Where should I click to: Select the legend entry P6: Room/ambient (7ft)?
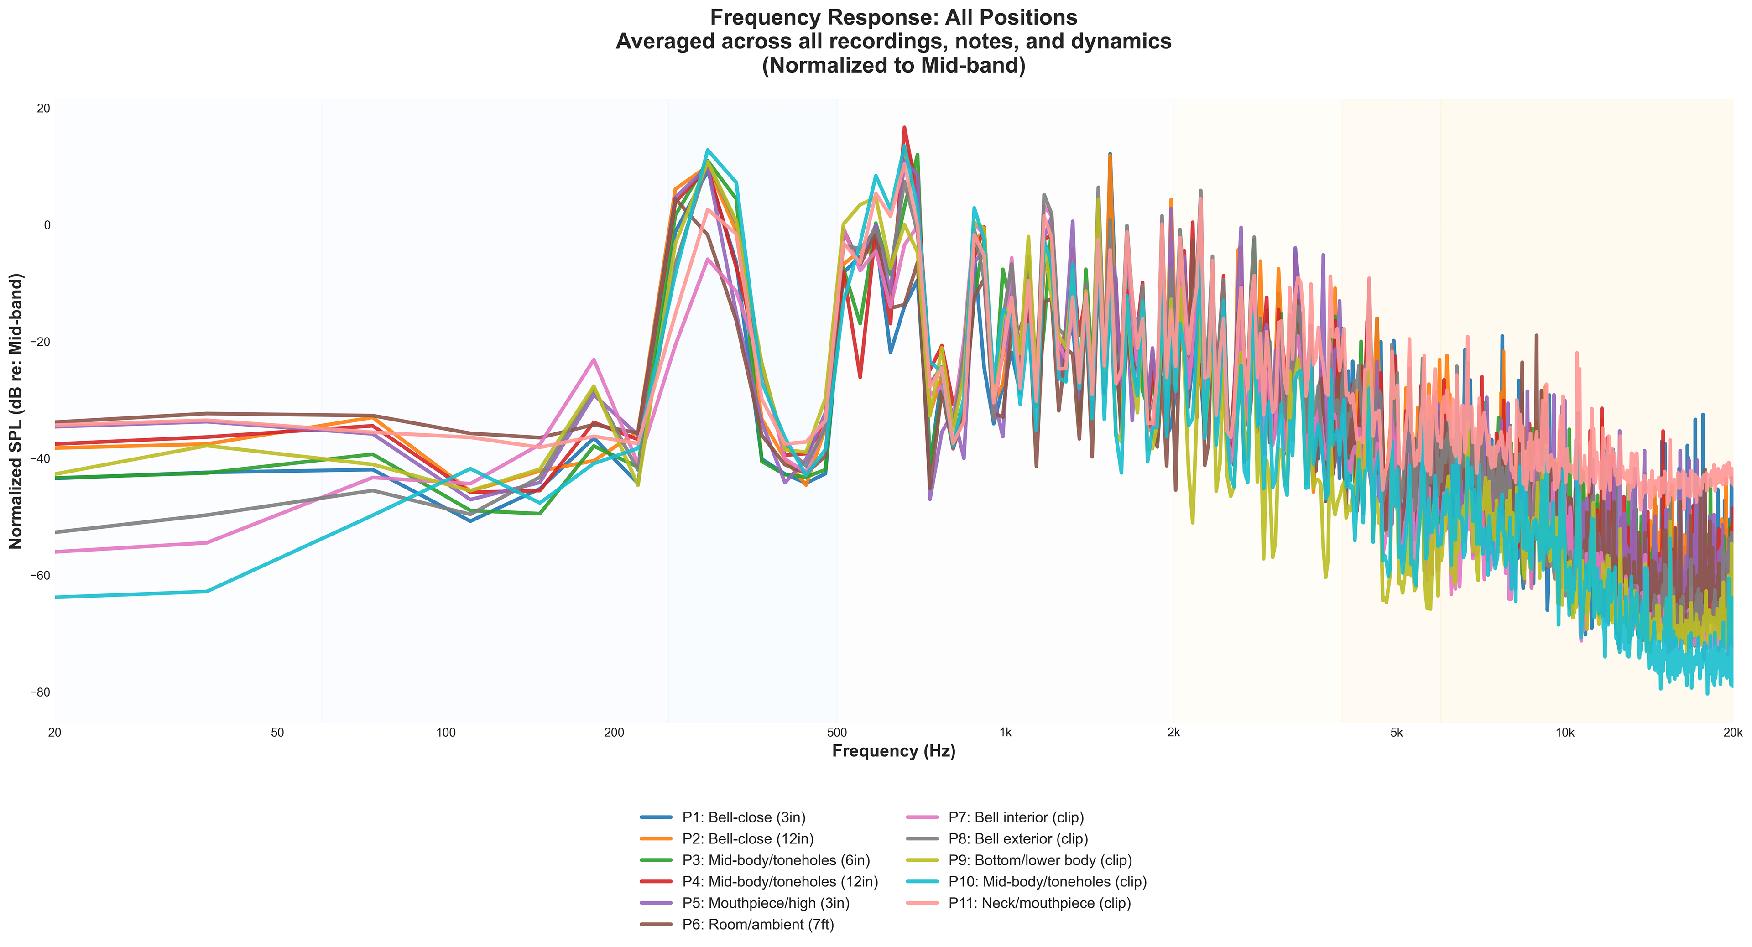click(758, 925)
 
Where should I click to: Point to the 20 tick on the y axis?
click(43, 109)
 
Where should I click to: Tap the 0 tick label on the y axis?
click(47, 225)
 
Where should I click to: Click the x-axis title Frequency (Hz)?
click(894, 751)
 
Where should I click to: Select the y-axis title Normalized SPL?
click(16, 411)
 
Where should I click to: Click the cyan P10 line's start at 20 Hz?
click(56, 597)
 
